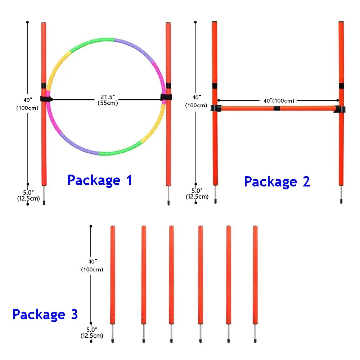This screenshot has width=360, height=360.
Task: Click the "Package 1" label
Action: (x=100, y=180)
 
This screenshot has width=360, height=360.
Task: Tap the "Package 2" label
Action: (x=277, y=182)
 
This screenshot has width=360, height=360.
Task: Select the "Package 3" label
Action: (x=45, y=315)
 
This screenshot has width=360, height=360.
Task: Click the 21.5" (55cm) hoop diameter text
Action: (x=108, y=100)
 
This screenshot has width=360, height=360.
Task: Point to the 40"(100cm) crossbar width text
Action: (x=279, y=100)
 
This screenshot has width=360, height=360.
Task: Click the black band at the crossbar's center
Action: (x=276, y=108)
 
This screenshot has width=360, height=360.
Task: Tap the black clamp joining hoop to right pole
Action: (x=166, y=97)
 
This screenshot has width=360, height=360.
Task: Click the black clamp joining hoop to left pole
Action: (x=46, y=99)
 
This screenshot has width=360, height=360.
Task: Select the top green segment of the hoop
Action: (x=92, y=43)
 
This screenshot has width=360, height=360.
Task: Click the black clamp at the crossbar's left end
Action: (x=216, y=108)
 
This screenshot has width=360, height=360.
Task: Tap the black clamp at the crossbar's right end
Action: (x=340, y=109)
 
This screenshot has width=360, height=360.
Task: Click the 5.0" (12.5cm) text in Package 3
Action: (x=92, y=333)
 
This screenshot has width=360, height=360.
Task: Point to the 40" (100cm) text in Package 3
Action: (x=92, y=265)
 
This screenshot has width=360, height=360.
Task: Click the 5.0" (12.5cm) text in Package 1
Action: (x=28, y=195)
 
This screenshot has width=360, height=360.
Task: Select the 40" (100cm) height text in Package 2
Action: (x=196, y=101)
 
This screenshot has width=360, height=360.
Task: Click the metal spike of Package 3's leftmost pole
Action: (x=112, y=333)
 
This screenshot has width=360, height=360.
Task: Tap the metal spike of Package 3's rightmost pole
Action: (x=255, y=333)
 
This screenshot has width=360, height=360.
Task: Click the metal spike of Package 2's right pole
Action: (x=341, y=194)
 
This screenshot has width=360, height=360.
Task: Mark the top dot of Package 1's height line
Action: (x=28, y=22)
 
